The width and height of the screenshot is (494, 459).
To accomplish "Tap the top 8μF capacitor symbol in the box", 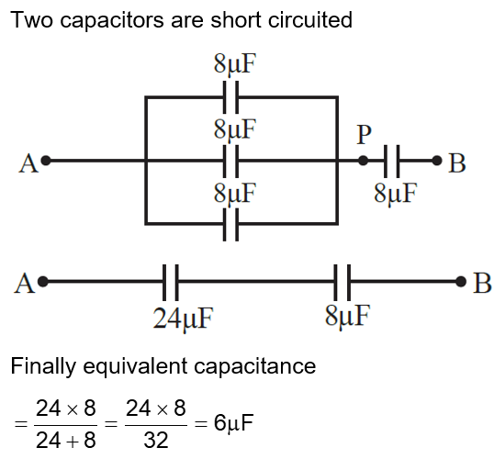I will tap(231, 95).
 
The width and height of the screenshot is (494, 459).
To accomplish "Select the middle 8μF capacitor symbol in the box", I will tap(231, 161).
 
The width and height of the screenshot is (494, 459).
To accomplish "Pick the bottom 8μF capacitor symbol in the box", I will tap(231, 224).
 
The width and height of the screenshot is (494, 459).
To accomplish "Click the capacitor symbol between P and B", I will tap(392, 161).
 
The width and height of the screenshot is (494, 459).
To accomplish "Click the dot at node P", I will tap(364, 161).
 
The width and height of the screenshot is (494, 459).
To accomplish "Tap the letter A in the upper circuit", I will tap(27, 163).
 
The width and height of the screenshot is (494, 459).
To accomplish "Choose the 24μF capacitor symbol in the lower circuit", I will tap(169, 282).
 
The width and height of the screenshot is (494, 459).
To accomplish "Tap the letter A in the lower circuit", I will tap(25, 284).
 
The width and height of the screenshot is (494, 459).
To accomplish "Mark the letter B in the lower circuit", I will tap(482, 284).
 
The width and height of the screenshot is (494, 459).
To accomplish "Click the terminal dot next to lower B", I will tap(462, 282).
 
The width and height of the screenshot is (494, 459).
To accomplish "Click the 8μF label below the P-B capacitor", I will tap(397, 194).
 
